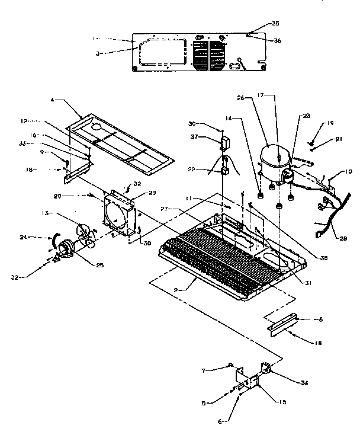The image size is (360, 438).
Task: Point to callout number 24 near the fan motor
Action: click(41, 238)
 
